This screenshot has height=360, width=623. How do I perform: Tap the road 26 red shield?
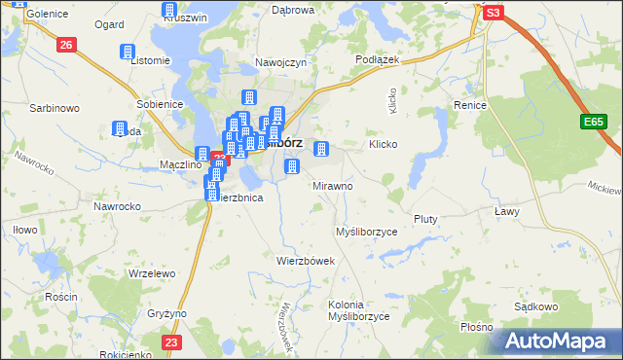tap(66, 45)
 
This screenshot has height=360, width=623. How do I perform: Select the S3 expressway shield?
tap(494, 13)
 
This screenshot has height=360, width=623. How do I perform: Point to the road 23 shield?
tap(171, 342)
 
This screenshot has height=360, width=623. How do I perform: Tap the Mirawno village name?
tap(333, 185)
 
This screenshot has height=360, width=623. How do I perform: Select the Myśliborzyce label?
tap(367, 232)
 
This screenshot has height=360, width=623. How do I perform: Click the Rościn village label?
tap(33, 296)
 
